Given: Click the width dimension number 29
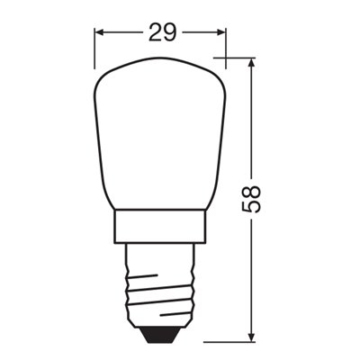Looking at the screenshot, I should pyautogui.click(x=160, y=33).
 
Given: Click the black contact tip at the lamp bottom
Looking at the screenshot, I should pyautogui.click(x=160, y=335).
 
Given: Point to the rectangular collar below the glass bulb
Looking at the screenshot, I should pyautogui.click(x=160, y=229).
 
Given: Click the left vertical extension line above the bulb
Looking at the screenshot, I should pyautogui.click(x=95, y=49).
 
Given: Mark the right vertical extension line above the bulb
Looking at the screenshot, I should pyautogui.click(x=225, y=49).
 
